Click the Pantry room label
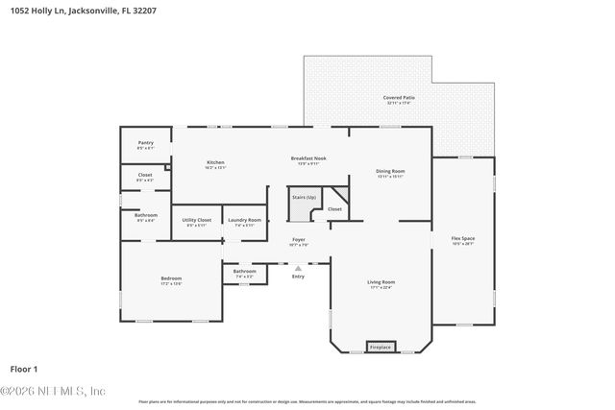145,143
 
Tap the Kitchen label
215,162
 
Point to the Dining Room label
389,172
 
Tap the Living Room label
381,282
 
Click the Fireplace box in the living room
381,347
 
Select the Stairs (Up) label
305,197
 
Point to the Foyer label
299,240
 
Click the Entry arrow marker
298,269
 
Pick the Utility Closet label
196,220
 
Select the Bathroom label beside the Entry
244,272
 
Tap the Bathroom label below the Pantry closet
145,216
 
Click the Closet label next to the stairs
334,208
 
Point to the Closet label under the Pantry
145,176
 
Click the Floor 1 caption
24,368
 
